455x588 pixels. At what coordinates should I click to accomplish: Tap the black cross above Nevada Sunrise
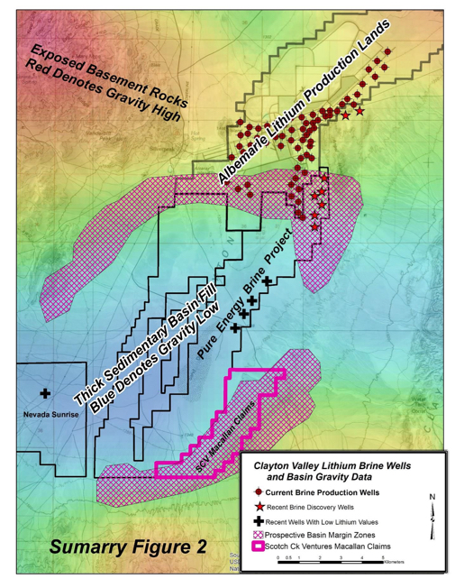click(x=45, y=394)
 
